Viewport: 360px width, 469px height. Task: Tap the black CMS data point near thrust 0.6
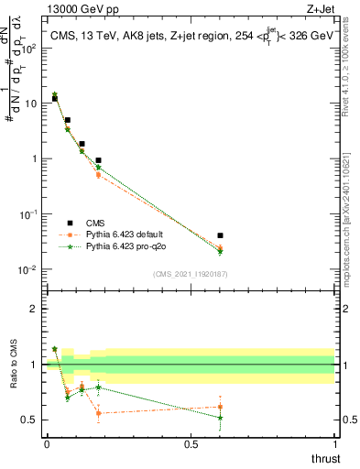point(220,235)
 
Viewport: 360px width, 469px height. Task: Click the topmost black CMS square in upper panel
point(54,98)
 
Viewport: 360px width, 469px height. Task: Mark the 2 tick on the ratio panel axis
point(37,309)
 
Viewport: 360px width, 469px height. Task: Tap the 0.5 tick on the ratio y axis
point(33,420)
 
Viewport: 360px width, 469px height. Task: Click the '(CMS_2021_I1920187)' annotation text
point(191,274)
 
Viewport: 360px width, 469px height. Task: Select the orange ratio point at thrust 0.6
point(220,407)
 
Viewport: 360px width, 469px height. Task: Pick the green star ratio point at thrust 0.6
point(220,418)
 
